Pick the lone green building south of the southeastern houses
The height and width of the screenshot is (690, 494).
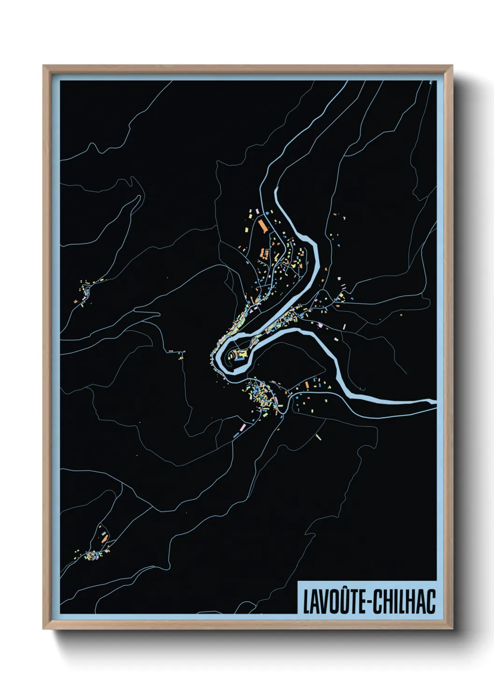pyautogui.click(x=318, y=437)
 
